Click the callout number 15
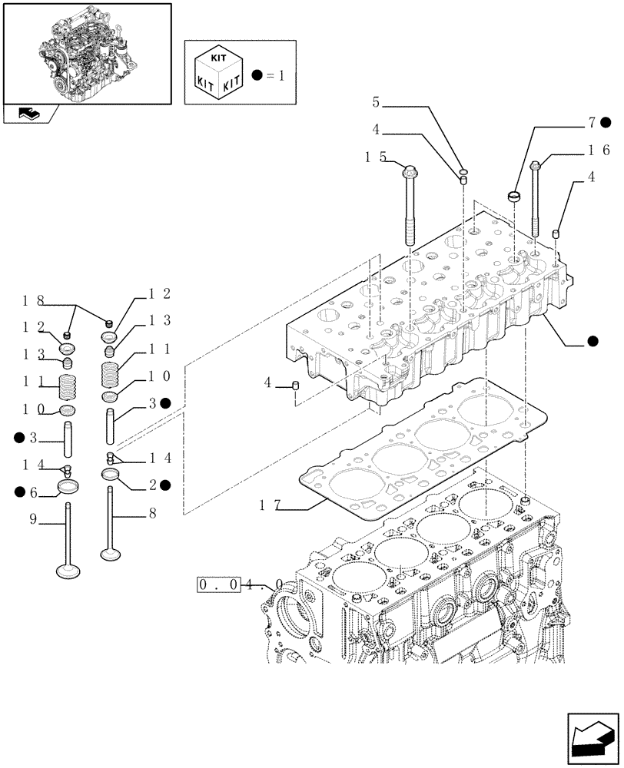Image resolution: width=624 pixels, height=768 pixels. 375,157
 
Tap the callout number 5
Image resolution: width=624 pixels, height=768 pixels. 376,101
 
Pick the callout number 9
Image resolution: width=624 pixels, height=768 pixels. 33,519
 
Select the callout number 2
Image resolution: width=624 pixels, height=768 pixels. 153,485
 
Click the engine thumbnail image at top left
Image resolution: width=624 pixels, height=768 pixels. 86,51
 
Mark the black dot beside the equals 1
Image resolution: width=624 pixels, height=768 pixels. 257,75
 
